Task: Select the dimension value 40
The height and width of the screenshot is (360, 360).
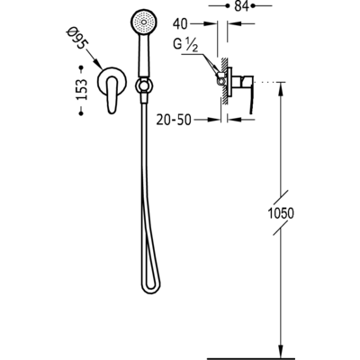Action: (x=180, y=24)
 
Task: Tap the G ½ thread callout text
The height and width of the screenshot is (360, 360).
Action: (x=185, y=45)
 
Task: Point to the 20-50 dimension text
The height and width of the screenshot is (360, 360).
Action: (x=174, y=120)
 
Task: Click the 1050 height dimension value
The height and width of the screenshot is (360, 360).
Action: (x=281, y=213)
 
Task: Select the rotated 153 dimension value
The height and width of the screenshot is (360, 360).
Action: (x=81, y=89)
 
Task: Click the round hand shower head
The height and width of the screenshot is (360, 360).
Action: (x=144, y=22)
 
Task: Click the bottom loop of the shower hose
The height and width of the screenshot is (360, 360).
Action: (x=151, y=289)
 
